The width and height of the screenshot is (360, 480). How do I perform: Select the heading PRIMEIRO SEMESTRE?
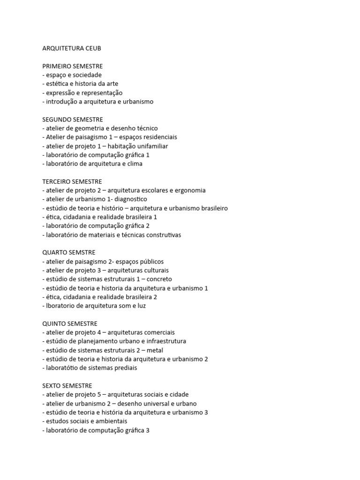[72, 66]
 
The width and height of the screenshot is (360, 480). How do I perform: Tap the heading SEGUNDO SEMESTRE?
[72, 120]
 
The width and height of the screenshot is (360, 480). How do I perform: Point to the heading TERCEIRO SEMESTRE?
[72, 181]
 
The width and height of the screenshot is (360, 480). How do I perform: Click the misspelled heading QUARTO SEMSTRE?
[69, 253]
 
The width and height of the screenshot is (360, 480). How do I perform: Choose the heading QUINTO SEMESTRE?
[70, 323]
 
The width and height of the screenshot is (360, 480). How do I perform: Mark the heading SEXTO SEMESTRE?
[67, 385]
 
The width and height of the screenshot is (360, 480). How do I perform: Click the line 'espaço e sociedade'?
[72, 75]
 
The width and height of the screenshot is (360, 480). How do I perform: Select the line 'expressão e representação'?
[82, 93]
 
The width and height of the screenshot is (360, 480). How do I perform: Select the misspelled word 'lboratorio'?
[60, 306]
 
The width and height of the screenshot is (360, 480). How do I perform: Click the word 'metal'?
[155, 350]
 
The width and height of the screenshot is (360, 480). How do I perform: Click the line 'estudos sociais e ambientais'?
[84, 421]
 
